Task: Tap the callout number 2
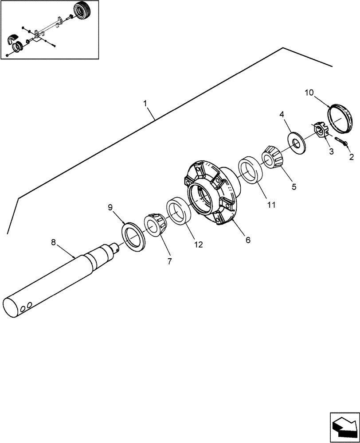pyautogui.click(x=351, y=156)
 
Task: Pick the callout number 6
pyautogui.click(x=248, y=240)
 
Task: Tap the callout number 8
pyautogui.click(x=54, y=242)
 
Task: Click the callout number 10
pyautogui.click(x=309, y=93)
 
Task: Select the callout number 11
pyautogui.click(x=271, y=205)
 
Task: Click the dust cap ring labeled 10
pyautogui.click(x=341, y=118)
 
